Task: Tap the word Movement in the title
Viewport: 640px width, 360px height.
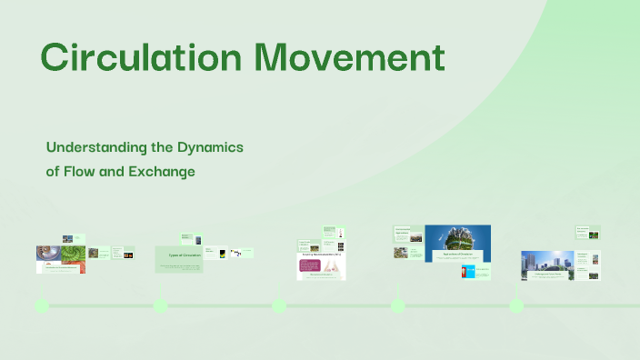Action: pyautogui.click(x=350, y=57)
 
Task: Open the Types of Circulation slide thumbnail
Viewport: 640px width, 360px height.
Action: pyautogui.click(x=178, y=258)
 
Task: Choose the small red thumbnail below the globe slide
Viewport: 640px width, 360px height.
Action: pyautogui.click(x=468, y=271)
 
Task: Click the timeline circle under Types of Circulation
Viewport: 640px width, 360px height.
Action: pyautogui.click(x=160, y=305)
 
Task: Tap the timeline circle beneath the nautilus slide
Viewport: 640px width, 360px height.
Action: pyautogui.click(x=41, y=305)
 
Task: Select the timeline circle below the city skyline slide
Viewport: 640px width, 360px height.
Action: pyautogui.click(x=516, y=305)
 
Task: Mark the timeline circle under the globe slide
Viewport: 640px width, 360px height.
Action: pyautogui.click(x=397, y=305)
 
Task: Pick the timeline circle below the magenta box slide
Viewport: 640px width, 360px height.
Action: pyautogui.click(x=279, y=305)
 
